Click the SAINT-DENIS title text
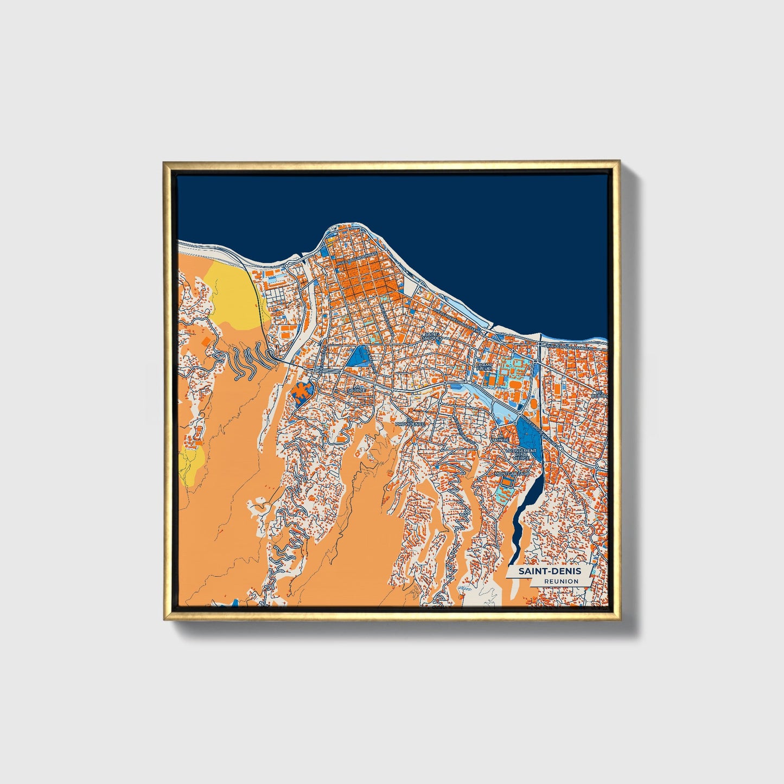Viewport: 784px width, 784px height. point(549,571)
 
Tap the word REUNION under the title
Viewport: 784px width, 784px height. point(562,582)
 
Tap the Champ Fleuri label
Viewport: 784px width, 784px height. point(484,367)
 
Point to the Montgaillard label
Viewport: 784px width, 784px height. point(512,474)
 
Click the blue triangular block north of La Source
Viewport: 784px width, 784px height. point(358,356)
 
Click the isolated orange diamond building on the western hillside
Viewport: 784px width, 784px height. point(206,341)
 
